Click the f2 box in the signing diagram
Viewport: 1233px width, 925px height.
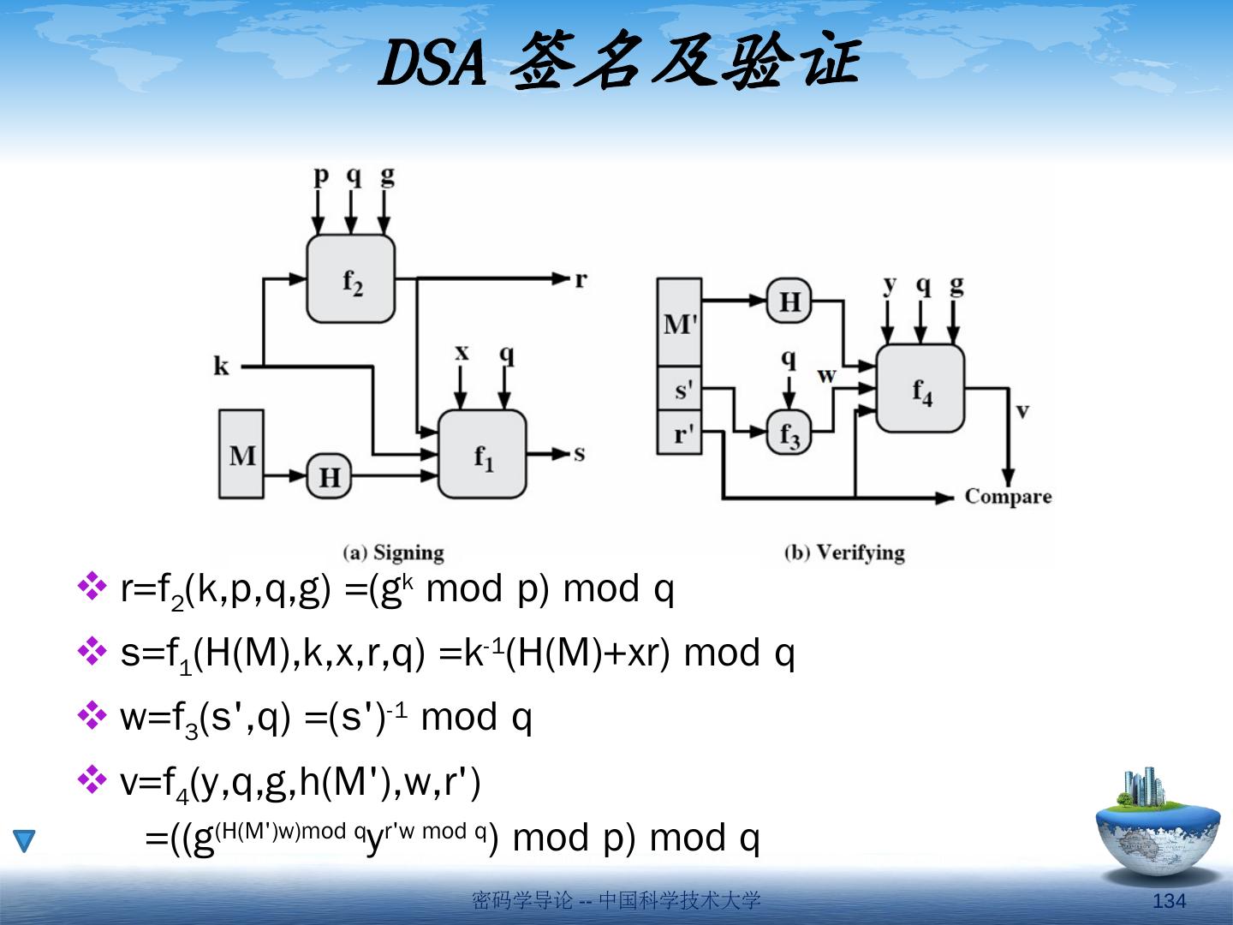pos(351,278)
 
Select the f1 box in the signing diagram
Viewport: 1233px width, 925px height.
pos(482,454)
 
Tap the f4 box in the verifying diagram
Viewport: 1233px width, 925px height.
pos(920,388)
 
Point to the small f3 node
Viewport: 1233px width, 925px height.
pos(789,432)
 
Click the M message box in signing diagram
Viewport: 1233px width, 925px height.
pos(241,454)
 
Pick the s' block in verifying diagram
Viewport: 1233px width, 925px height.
pos(679,389)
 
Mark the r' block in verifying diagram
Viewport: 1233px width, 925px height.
pos(679,433)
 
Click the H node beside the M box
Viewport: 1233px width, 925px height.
pos(330,476)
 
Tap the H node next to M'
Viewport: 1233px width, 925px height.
pos(789,301)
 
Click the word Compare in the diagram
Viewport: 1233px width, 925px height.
pos(1008,497)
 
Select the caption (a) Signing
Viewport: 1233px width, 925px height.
pos(393,552)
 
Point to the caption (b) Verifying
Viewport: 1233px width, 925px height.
pos(844,552)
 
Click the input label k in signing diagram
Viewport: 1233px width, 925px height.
pos(222,367)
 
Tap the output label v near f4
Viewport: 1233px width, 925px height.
pos(1022,410)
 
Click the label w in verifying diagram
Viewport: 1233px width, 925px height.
pos(826,374)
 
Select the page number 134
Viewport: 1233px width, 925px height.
pos(1170,900)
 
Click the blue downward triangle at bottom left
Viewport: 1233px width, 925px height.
pos(24,840)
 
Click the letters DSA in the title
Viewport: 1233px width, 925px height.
pos(432,65)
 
